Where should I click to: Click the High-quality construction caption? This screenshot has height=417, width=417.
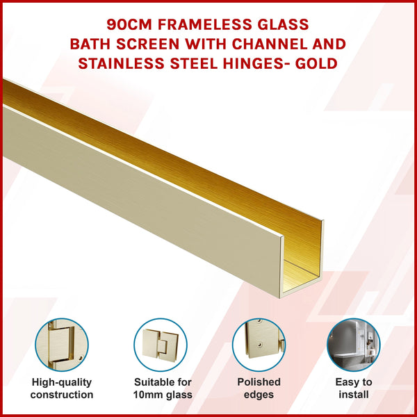[63, 389]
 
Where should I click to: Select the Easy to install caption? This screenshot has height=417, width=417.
[354, 389]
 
